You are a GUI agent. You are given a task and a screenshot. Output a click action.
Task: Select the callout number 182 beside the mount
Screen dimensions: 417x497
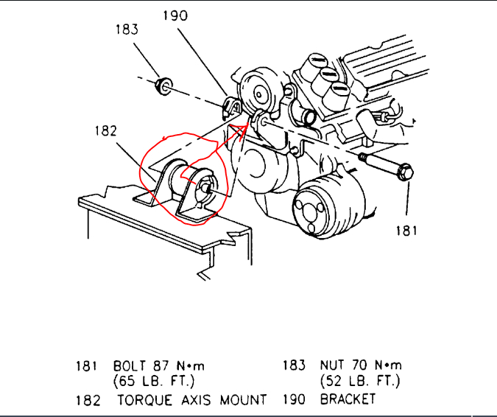pos(106,132)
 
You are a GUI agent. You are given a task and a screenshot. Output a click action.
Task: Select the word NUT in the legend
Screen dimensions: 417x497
pos(332,365)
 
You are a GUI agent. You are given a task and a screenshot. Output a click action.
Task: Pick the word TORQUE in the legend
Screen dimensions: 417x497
pos(144,399)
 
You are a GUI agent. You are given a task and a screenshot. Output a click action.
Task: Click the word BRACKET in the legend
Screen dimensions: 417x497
pos(348,399)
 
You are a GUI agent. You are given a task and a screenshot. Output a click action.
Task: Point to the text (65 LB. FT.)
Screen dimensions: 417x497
pos(153,382)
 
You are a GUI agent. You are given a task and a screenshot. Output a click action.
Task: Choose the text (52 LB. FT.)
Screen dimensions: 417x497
pos(359,382)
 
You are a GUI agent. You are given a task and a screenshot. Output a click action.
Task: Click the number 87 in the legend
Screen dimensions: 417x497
pos(162,365)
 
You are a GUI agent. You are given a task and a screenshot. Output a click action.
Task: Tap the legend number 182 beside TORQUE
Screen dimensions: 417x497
pos(88,399)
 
